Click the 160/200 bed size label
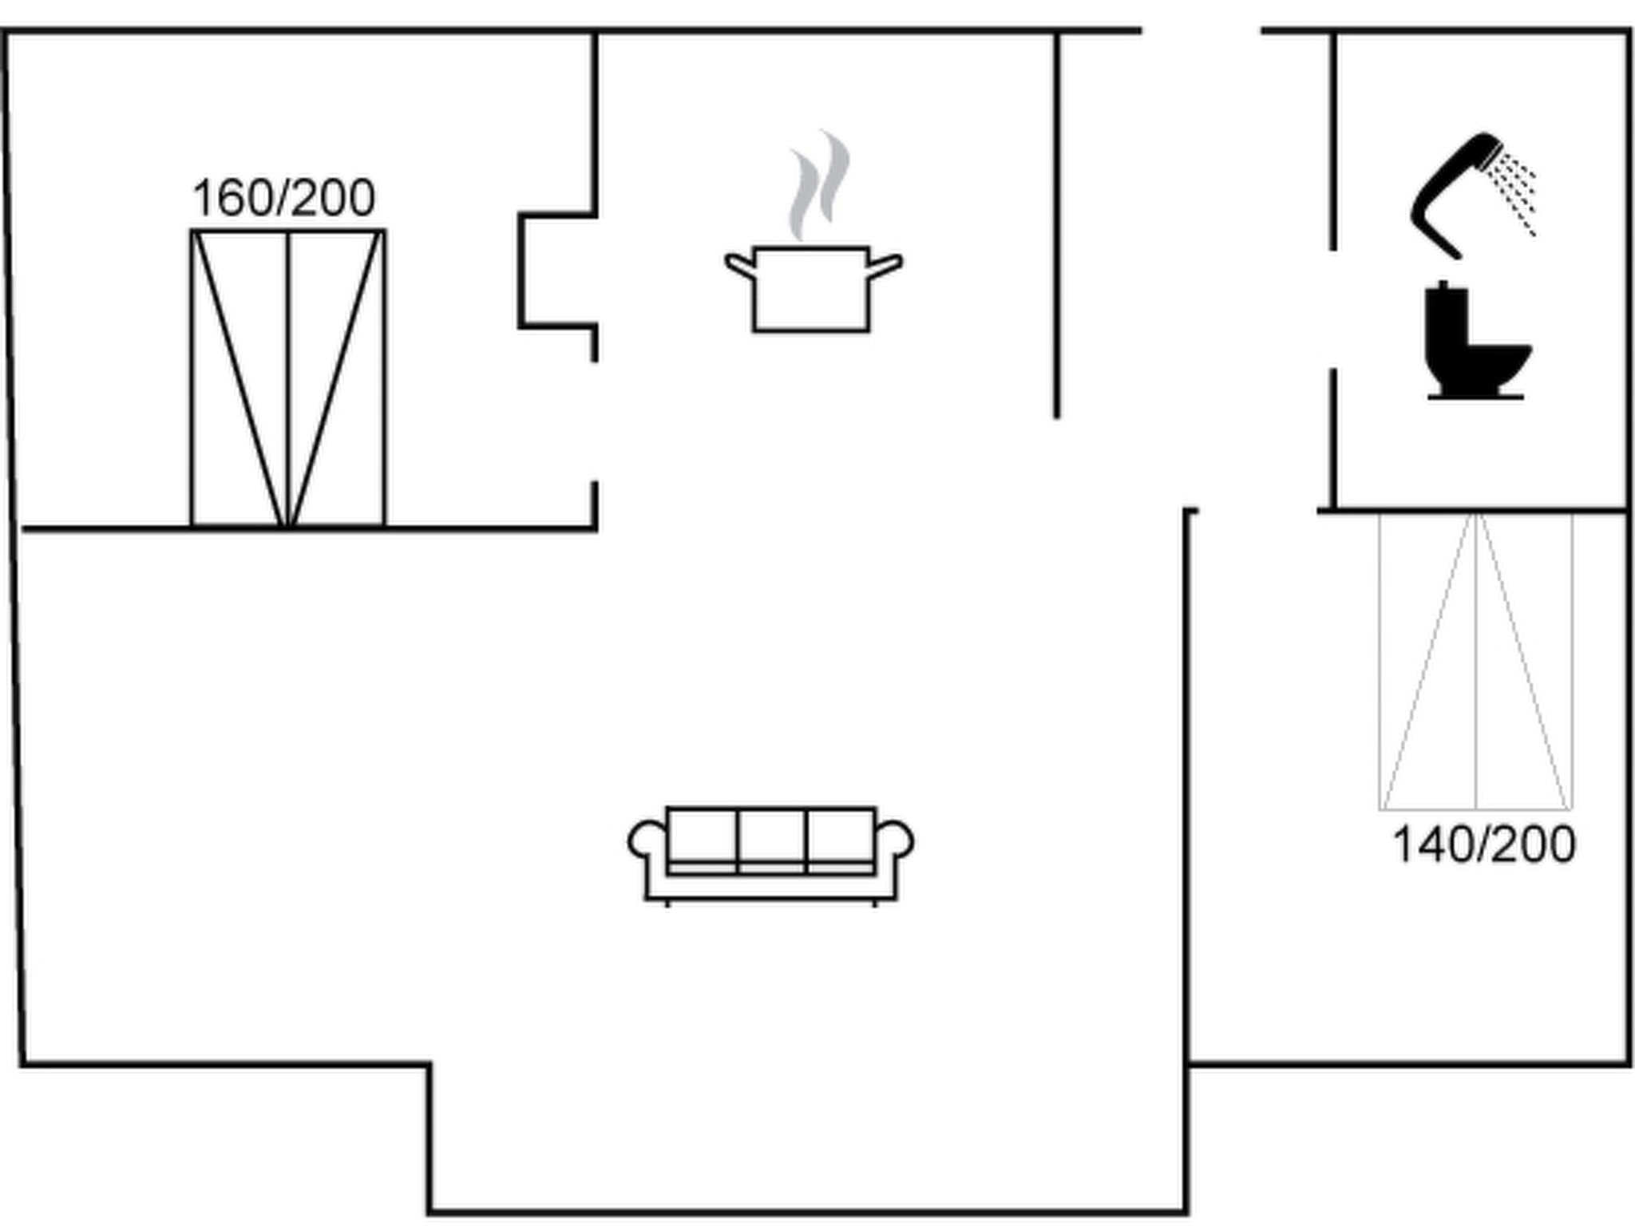[x=283, y=198]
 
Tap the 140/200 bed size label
[x=1484, y=844]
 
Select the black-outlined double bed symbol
[x=288, y=378]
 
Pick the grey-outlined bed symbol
[x=1476, y=662]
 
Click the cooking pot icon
[x=812, y=289]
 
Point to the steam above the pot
[x=819, y=185]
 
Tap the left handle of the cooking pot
[x=739, y=266]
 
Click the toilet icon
[x=1477, y=340]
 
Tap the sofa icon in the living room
[x=771, y=856]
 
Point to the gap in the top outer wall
[x=1202, y=30]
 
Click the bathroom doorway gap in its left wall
[x=1332, y=310]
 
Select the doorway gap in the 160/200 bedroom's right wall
[x=595, y=421]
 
